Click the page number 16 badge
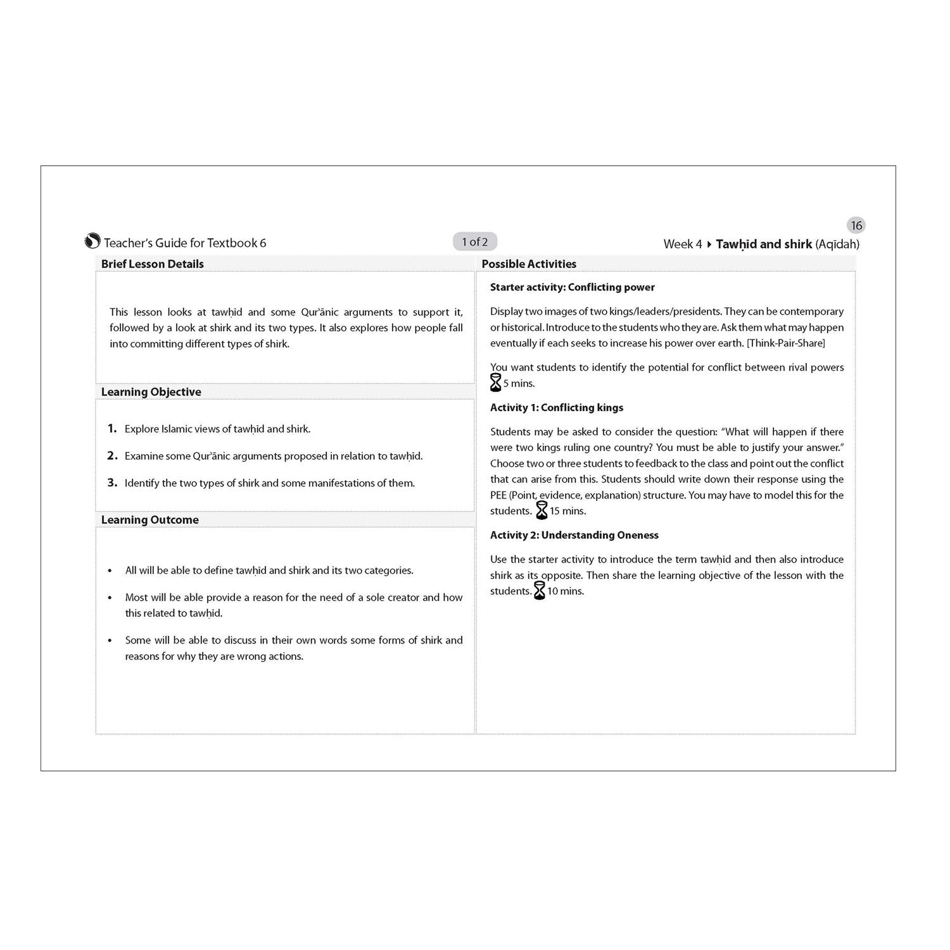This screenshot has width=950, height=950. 856,225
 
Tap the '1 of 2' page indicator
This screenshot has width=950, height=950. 475,242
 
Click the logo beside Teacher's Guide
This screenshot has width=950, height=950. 92,241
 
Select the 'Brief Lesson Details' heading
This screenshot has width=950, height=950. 153,264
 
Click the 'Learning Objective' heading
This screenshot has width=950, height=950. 151,392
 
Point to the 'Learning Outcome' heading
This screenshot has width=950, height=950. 150,520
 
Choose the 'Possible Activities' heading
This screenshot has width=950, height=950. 529,264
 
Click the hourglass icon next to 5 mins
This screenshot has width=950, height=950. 496,383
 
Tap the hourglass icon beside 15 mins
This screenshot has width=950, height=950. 541,510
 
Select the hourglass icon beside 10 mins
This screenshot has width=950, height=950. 540,591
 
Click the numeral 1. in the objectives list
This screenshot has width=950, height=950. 112,429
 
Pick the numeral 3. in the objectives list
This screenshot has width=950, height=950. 112,483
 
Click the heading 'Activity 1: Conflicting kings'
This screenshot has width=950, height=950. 557,408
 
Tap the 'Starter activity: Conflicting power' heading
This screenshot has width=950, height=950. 573,288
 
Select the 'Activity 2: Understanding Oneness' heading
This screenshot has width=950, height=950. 574,535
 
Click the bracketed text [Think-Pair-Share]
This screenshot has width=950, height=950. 786,343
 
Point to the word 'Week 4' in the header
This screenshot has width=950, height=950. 683,244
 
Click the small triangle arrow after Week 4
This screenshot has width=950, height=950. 709,244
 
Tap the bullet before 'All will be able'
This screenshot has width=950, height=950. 110,571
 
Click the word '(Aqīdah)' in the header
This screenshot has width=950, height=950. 837,244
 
